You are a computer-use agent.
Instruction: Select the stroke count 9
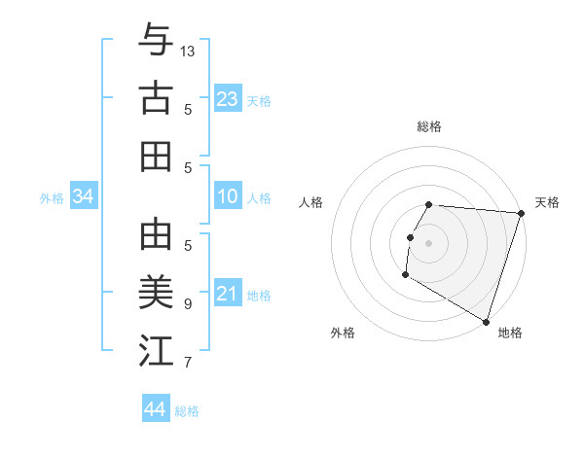[188, 303]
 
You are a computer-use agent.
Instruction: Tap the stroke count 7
[188, 363]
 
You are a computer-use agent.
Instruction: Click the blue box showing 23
[227, 99]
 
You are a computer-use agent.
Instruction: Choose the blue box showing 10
[227, 197]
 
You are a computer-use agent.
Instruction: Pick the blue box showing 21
[227, 295]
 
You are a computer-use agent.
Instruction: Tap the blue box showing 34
[84, 197]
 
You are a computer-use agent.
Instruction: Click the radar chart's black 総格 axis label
[429, 126]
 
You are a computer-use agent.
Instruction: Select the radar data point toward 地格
[486, 321]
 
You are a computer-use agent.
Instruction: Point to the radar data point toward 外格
[405, 275]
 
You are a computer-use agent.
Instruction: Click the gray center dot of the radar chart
[428, 243]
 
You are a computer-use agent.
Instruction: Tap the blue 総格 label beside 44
[187, 411]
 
